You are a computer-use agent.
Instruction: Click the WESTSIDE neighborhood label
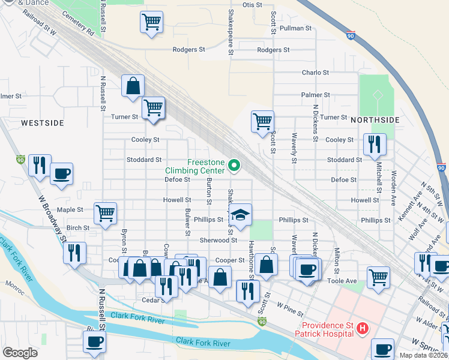(42, 122)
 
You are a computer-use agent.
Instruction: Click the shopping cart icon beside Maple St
(106, 212)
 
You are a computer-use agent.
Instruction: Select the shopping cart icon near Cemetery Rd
(152, 23)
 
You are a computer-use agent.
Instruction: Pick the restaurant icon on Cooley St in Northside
(374, 143)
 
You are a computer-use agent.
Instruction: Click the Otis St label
(252, 5)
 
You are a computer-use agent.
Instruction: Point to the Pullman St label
(300, 28)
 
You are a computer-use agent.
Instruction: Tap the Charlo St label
(315, 73)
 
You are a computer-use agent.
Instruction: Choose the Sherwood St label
(218, 240)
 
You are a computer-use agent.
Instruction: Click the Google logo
(20, 352)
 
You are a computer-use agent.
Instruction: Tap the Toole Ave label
(343, 280)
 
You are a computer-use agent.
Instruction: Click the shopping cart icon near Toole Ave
(378, 277)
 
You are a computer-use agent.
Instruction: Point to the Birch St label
(78, 228)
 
